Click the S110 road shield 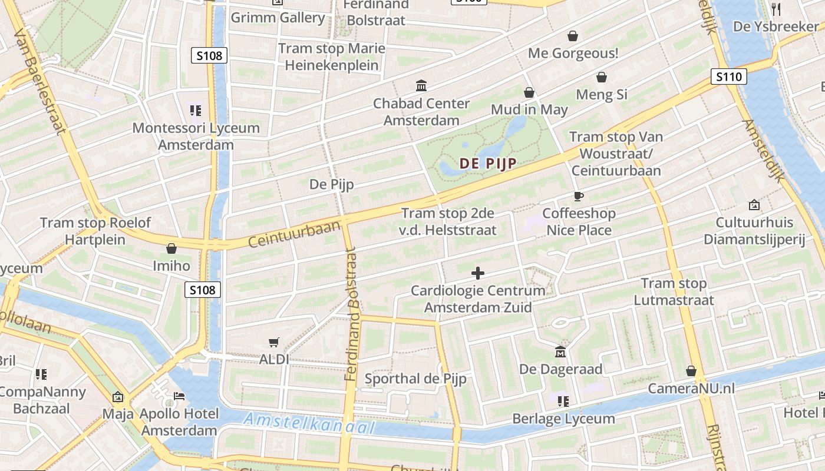729,77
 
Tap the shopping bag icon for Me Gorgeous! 572,37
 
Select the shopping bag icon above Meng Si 602,77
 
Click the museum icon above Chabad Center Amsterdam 421,86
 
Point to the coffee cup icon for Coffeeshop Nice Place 579,196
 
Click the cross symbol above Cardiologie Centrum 478,273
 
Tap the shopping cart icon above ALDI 274,342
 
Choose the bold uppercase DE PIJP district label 487,164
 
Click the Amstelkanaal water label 309,423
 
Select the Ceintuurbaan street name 295,234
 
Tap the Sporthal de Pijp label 415,379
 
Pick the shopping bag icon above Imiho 171,248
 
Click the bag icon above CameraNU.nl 691,371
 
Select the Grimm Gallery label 278,17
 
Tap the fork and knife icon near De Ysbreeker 776,9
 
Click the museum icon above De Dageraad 560,352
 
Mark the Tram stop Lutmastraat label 674,292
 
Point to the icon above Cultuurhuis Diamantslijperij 754,205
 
